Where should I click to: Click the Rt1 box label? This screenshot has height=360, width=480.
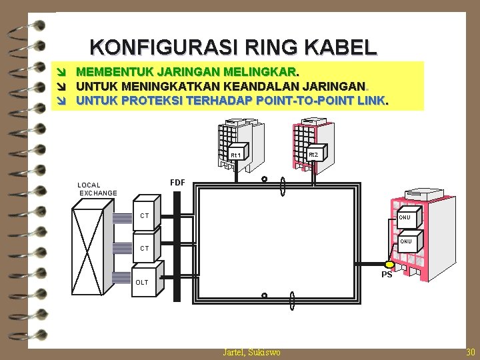pos(236,155)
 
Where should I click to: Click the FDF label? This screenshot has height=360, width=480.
pos(177,182)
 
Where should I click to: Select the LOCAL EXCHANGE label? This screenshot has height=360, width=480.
pos(97,189)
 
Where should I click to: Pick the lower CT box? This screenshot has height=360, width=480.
pos(146,247)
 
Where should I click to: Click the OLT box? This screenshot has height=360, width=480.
pos(145,281)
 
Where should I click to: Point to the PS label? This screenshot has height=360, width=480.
pos(387,275)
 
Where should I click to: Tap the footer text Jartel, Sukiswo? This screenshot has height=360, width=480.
pos(251,352)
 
